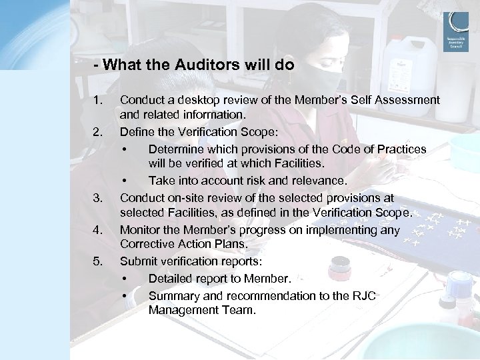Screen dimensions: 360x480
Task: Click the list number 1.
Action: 99,101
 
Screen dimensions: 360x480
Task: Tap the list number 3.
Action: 99,198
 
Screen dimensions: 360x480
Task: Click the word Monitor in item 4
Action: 141,230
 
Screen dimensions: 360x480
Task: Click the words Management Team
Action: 201,311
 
